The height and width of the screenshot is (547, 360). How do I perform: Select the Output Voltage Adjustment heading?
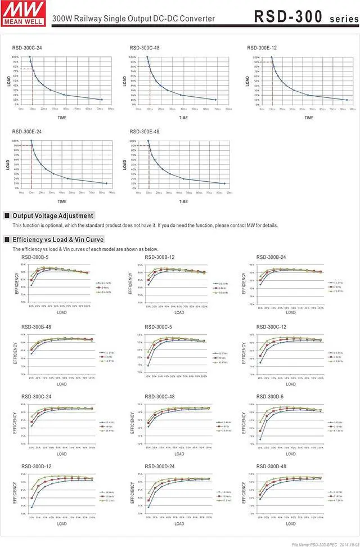coord(53,216)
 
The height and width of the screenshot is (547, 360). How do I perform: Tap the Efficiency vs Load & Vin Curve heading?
coord(58,239)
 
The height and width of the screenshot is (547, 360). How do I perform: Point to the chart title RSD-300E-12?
coord(262,48)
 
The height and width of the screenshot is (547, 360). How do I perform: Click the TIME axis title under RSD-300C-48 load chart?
coord(183,118)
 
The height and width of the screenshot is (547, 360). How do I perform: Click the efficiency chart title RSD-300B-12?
coord(160,257)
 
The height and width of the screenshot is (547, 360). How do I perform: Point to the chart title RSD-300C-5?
coord(158,327)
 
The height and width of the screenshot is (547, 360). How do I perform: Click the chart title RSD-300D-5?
coord(269,396)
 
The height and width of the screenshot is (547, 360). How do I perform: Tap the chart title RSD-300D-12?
coord(36,467)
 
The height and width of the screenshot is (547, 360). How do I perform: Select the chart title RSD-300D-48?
coord(271,467)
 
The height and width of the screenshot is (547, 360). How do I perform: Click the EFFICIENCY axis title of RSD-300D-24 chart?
coord(133,495)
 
